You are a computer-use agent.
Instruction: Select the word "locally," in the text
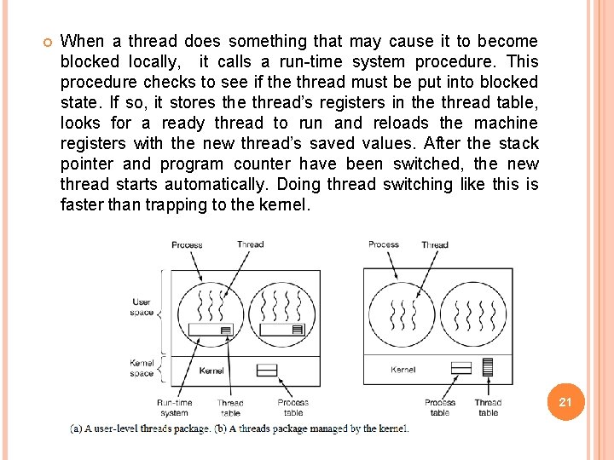tap(154, 61)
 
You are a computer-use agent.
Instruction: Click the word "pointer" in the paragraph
tap(88, 164)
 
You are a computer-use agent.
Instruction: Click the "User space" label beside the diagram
tap(142, 307)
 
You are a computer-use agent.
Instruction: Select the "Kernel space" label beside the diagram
tap(142, 368)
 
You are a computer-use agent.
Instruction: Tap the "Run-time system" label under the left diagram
tap(174, 407)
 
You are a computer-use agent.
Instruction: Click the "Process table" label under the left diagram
tap(293, 407)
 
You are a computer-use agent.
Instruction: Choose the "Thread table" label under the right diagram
tap(488, 407)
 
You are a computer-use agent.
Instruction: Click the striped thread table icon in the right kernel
tap(488, 367)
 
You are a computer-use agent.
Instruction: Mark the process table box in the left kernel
tap(267, 370)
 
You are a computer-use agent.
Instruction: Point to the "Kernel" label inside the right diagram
tap(403, 370)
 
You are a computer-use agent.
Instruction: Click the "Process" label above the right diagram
tap(384, 244)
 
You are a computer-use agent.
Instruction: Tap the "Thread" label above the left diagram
tap(251, 244)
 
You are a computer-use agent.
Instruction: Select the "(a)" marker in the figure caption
tap(77, 428)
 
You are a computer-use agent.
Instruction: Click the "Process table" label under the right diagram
tap(440, 407)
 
